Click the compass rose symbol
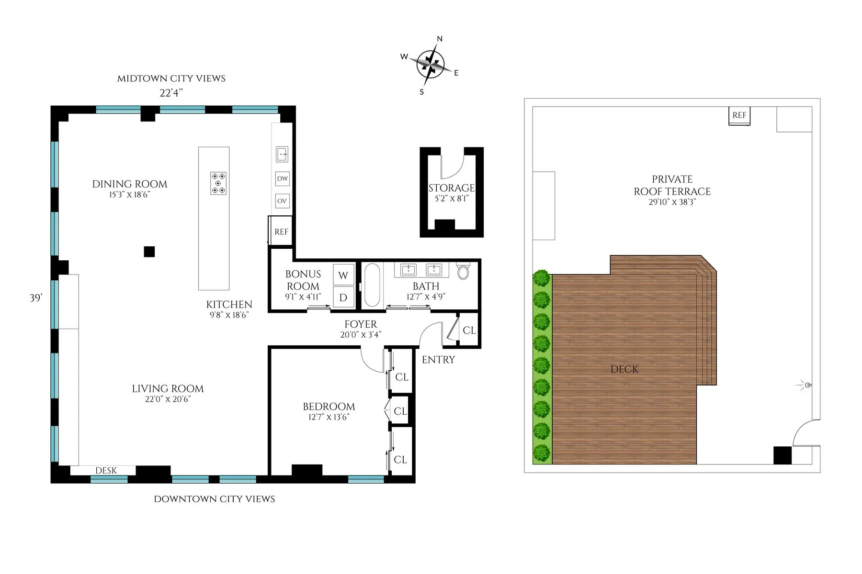[x=430, y=64]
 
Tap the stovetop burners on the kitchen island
[x=218, y=183]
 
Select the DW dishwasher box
[x=283, y=179]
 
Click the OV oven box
[x=282, y=201]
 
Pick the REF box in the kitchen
[x=281, y=232]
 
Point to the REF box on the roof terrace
[x=739, y=115]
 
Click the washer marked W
[x=343, y=275]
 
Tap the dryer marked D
[x=343, y=298]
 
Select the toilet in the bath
[x=463, y=271]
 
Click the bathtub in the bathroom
[x=373, y=285]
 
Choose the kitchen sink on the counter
[x=282, y=155]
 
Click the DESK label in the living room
[x=106, y=471]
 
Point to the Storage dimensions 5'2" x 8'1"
[x=451, y=199]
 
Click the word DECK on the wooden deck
[x=624, y=369]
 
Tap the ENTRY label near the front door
[x=438, y=360]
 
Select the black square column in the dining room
[x=149, y=252]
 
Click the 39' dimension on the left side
[x=36, y=298]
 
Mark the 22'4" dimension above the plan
[x=171, y=93]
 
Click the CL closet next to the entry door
[x=469, y=331]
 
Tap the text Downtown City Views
[x=215, y=499]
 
